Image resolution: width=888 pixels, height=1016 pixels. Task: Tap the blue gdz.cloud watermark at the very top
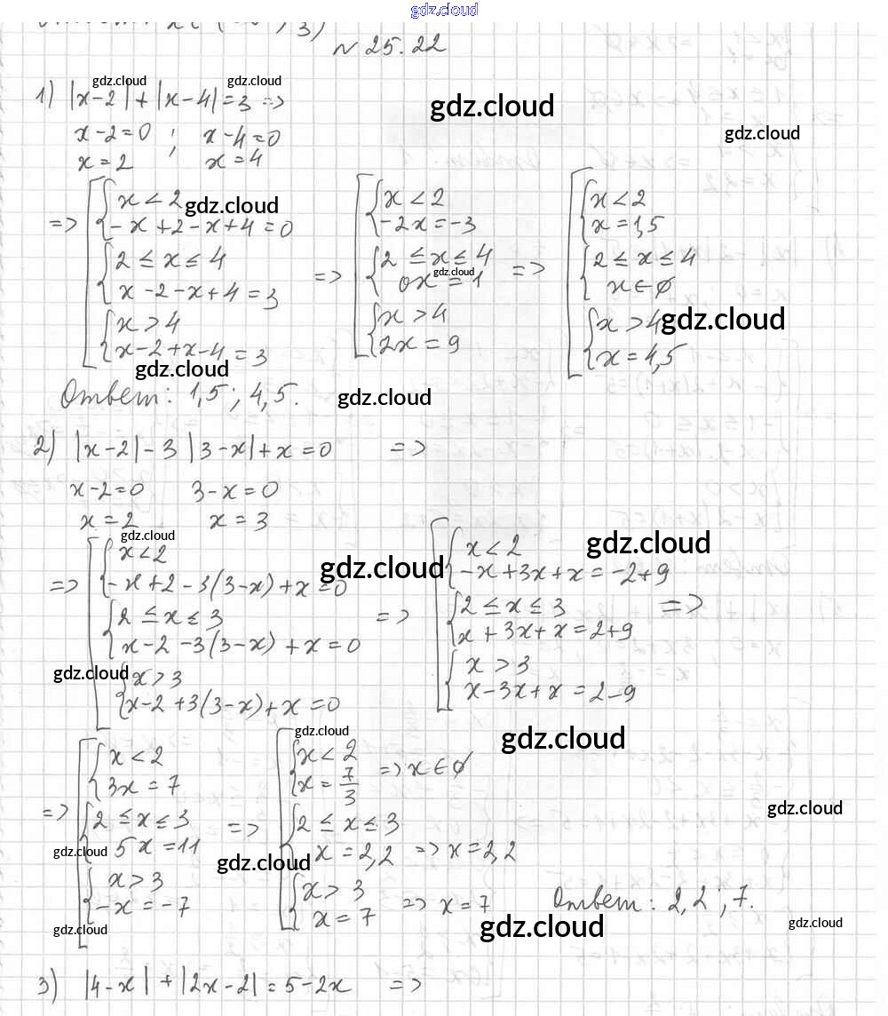444,10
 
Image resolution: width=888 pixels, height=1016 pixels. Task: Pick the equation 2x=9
417,345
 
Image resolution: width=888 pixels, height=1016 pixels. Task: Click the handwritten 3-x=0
234,490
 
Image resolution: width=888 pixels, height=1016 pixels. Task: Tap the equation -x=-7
142,909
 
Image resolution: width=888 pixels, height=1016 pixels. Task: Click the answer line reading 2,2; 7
654,900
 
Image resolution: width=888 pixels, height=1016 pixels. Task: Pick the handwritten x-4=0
242,137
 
